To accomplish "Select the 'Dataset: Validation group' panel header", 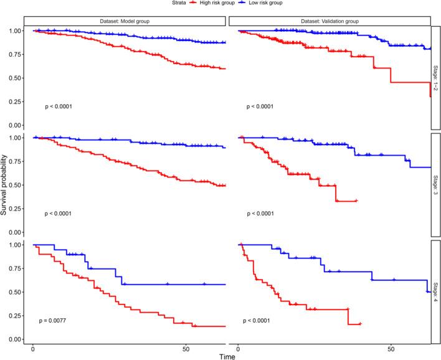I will (x=330, y=21).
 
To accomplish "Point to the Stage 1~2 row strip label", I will (x=436, y=78).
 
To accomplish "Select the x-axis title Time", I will (x=227, y=355).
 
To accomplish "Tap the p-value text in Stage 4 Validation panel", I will (x=261, y=321).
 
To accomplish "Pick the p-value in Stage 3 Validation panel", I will (x=261, y=214).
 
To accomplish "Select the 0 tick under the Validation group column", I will (x=240, y=349).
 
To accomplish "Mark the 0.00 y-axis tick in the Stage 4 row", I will (x=16, y=339).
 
